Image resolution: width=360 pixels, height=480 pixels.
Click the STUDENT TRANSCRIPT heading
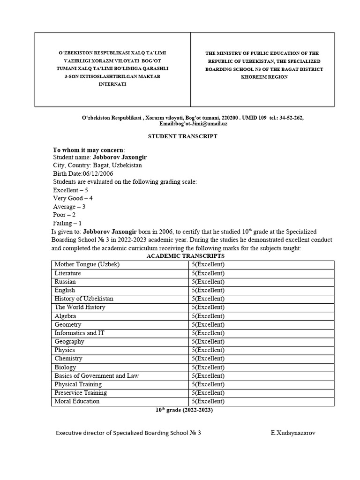point(183,136)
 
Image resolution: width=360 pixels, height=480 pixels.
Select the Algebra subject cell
point(65,316)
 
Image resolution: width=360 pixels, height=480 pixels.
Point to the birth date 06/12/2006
point(98,173)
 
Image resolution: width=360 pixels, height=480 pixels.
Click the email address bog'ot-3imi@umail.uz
point(193,123)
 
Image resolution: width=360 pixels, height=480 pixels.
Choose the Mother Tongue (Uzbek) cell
point(87,264)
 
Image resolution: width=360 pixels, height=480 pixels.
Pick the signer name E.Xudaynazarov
point(292,433)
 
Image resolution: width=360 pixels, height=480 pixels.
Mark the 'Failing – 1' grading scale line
point(67,223)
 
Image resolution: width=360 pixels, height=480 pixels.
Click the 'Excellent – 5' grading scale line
point(70,190)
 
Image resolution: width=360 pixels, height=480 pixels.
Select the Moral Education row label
point(77,401)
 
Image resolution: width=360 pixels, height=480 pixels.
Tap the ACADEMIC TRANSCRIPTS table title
point(186,256)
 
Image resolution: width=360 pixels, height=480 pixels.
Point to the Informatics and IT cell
point(79,333)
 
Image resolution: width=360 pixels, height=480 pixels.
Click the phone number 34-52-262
point(291,118)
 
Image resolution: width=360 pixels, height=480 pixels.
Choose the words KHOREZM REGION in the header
point(264,77)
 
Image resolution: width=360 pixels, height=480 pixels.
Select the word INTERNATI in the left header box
point(112,84)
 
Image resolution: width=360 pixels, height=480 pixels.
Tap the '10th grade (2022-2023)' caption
point(184,410)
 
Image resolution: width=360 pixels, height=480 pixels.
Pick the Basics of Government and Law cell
point(97,375)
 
